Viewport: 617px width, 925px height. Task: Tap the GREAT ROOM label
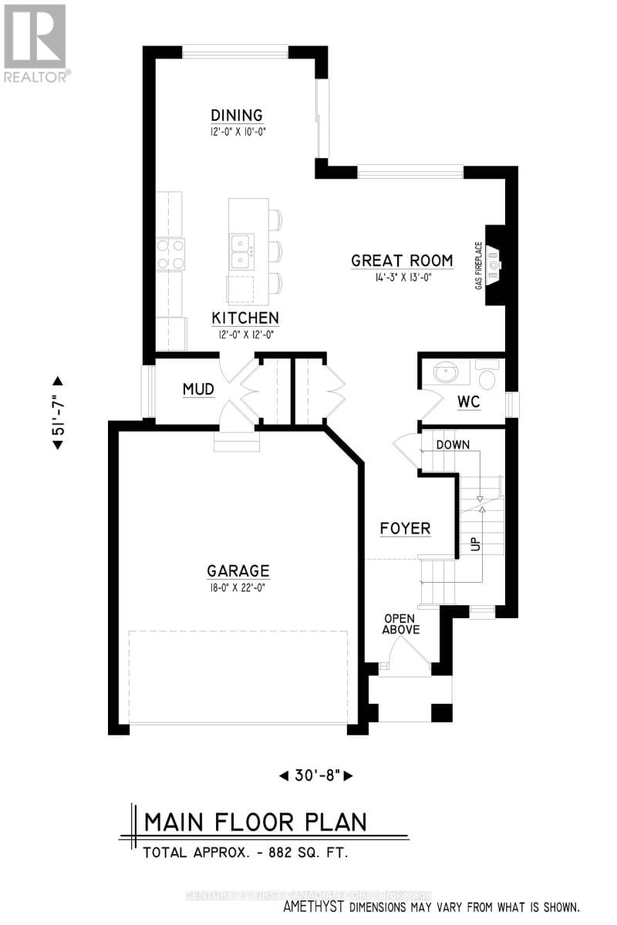click(401, 261)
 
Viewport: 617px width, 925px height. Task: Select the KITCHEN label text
click(245, 318)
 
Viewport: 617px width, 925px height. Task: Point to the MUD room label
click(198, 389)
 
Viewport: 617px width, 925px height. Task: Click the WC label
click(468, 402)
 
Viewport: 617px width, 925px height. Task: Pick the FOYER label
click(405, 529)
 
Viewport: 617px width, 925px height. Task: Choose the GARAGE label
click(238, 571)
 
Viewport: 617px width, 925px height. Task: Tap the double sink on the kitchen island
click(241, 248)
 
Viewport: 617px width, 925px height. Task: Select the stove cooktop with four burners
click(171, 254)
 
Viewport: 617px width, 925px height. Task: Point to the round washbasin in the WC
click(446, 375)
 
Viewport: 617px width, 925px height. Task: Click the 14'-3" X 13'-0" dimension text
click(401, 277)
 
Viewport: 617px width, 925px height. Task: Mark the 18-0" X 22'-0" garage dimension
click(238, 587)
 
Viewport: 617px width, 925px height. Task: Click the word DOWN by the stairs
click(453, 445)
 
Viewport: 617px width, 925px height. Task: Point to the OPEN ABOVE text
click(401, 624)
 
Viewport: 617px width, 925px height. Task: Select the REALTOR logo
click(36, 42)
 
